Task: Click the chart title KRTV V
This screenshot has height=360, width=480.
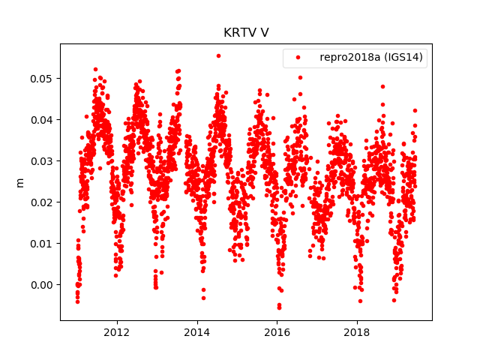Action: (246, 33)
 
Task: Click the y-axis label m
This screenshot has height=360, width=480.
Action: (20, 182)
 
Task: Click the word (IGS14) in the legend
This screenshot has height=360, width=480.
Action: (403, 58)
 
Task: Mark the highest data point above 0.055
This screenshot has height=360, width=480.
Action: (218, 55)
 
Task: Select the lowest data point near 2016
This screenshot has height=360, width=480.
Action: (279, 307)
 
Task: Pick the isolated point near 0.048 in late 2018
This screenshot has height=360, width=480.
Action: (382, 87)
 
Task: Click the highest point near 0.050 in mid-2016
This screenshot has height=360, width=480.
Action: (300, 77)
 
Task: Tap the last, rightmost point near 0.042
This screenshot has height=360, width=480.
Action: (415, 110)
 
